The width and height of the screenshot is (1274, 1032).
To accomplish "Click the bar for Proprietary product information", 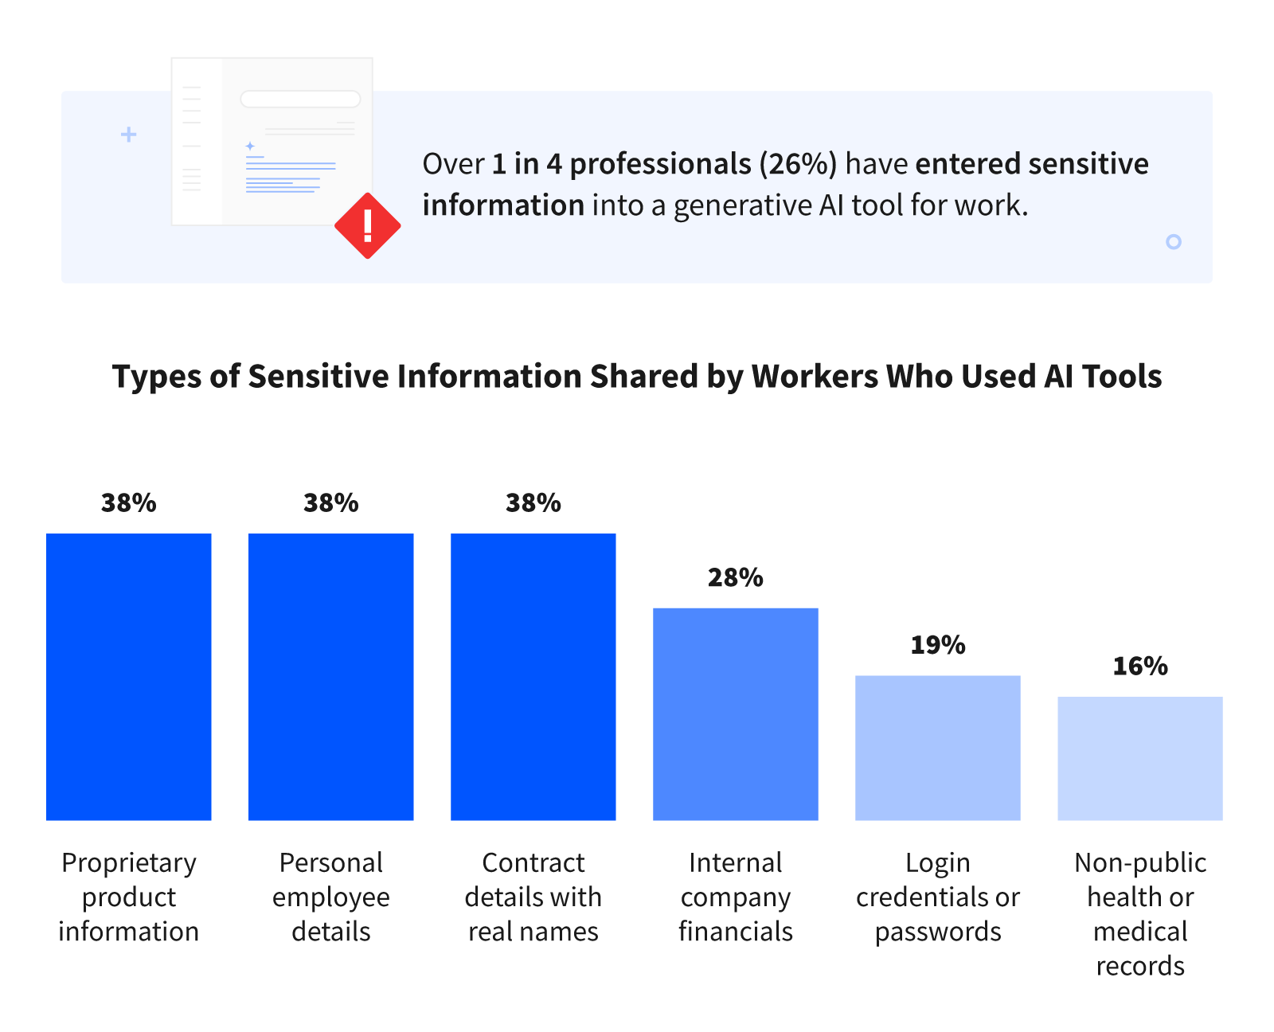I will pyautogui.click(x=129, y=677).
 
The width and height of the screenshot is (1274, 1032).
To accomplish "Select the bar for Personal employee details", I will pyautogui.click(x=331, y=677).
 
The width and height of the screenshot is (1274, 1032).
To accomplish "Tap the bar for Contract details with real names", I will pyautogui.click(x=533, y=677).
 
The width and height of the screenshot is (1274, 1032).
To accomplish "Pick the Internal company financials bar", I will pyautogui.click(x=736, y=714).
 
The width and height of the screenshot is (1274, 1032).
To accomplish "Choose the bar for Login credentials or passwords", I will pyautogui.click(x=938, y=748).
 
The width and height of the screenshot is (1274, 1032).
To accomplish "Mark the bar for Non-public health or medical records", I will pyautogui.click(x=1140, y=758).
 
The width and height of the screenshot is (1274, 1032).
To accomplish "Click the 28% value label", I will pyautogui.click(x=736, y=577).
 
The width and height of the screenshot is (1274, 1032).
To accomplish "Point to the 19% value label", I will pyautogui.click(x=938, y=644).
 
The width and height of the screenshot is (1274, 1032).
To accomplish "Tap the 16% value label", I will pyautogui.click(x=1140, y=666).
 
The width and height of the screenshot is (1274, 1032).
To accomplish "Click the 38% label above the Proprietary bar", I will pyautogui.click(x=129, y=503).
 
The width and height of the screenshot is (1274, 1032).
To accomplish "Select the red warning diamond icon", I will pyautogui.click(x=367, y=225).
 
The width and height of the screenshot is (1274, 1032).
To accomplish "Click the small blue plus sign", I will pyautogui.click(x=128, y=135).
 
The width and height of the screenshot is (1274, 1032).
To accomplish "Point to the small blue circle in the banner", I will pyautogui.click(x=1173, y=241).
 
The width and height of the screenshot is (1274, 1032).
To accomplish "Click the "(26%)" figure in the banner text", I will pyautogui.click(x=798, y=164).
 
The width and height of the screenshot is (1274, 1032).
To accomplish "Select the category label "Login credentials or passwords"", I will pyautogui.click(x=938, y=897).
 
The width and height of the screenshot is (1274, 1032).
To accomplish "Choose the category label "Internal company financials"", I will pyautogui.click(x=736, y=897).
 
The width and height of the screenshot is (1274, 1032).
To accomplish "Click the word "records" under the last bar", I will pyautogui.click(x=1140, y=966).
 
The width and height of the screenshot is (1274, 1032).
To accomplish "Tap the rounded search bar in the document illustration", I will pyautogui.click(x=300, y=99).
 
